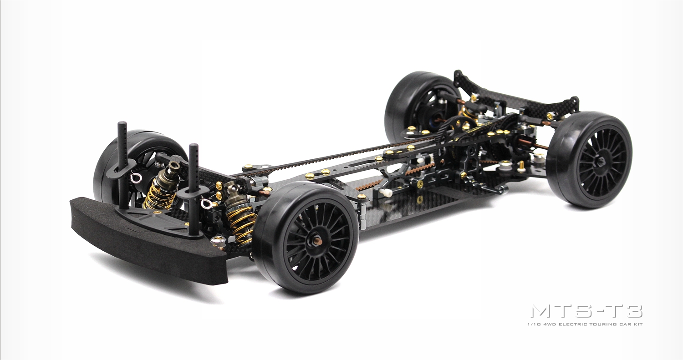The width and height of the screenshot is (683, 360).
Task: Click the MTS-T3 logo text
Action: click(587, 312)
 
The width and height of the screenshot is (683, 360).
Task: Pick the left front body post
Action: click(122, 165)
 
